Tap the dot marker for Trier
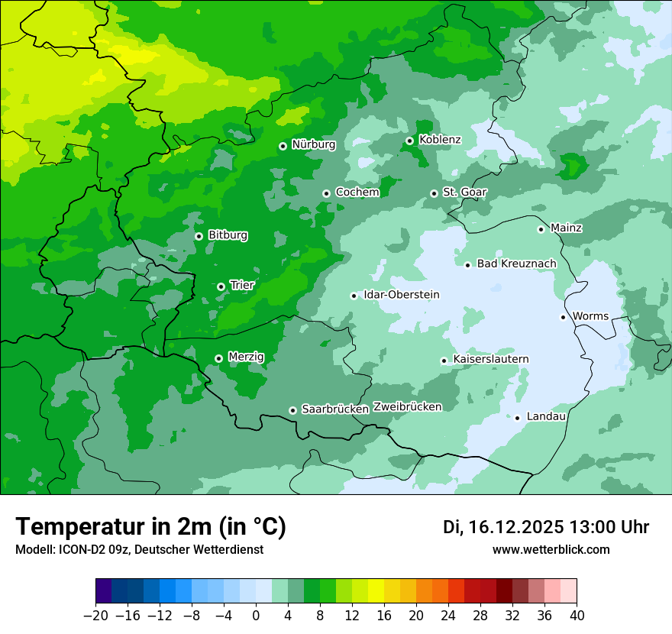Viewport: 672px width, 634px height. click(x=221, y=286)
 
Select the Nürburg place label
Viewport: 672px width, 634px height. click(x=313, y=144)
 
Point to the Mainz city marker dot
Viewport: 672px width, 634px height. click(x=541, y=229)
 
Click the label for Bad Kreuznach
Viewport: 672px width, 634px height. click(x=516, y=264)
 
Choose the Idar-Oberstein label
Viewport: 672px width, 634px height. click(x=401, y=295)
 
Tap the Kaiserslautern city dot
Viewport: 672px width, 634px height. click(x=444, y=361)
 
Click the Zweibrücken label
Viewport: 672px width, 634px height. click(x=407, y=406)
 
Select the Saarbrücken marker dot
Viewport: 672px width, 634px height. click(x=292, y=410)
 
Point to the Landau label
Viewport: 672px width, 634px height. click(x=546, y=416)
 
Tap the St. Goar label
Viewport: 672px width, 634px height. click(x=465, y=192)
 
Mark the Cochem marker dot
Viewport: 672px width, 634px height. click(x=326, y=193)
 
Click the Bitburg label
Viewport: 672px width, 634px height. click(x=228, y=235)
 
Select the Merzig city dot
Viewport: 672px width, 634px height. click(x=218, y=358)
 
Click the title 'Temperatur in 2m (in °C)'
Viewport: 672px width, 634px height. click(x=150, y=527)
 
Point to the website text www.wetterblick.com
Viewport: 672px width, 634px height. click(x=551, y=550)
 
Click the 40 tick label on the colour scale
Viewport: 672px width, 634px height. click(x=577, y=616)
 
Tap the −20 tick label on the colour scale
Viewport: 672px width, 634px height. click(x=95, y=616)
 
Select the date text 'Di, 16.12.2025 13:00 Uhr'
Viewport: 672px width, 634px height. click(x=546, y=527)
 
